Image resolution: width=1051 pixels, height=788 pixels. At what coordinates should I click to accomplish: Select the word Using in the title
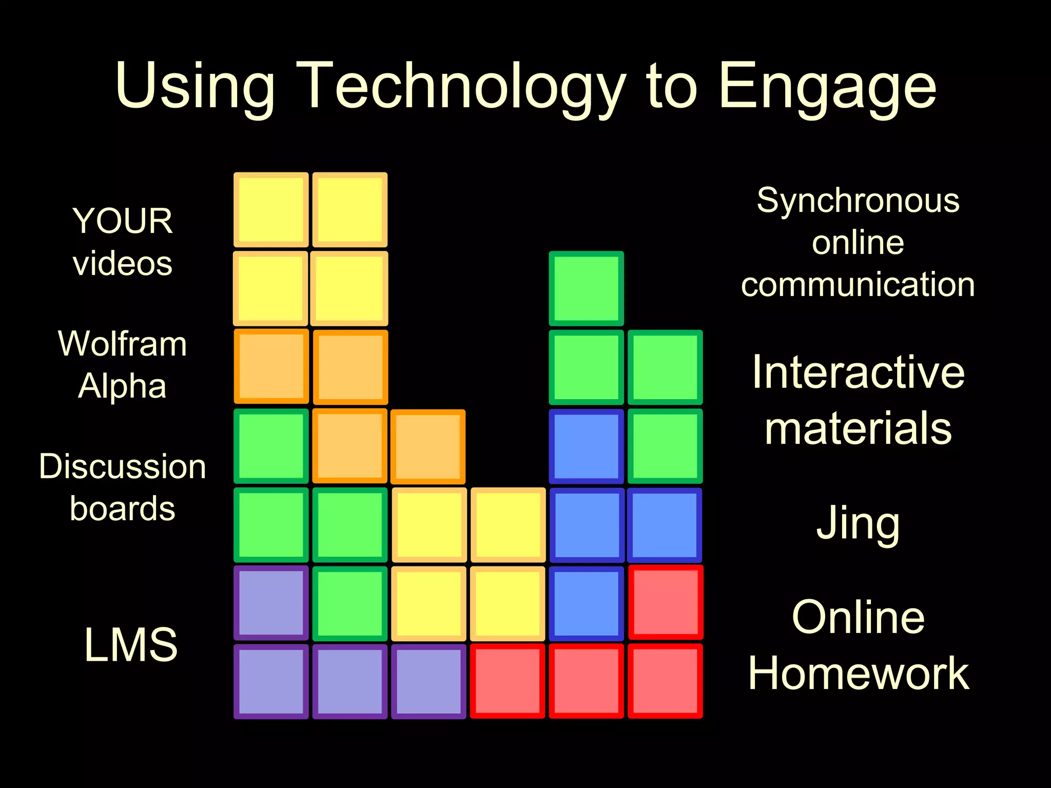click(x=195, y=87)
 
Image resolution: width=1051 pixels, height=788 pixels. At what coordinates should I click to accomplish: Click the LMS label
click(x=131, y=644)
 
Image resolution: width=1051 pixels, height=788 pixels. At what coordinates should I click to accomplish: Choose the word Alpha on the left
click(x=122, y=386)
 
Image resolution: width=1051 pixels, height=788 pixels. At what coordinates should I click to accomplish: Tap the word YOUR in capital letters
click(x=122, y=221)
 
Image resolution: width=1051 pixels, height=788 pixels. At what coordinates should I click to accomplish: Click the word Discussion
click(x=122, y=466)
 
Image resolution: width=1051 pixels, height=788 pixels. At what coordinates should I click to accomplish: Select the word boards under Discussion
click(x=122, y=508)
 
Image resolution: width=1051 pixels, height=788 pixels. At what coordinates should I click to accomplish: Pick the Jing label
click(x=858, y=523)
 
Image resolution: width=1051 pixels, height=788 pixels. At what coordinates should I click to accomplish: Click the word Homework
click(x=858, y=673)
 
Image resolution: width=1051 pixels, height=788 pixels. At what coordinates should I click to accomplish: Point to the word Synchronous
click(x=858, y=200)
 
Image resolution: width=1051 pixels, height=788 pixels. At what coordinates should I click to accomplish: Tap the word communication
click(x=858, y=285)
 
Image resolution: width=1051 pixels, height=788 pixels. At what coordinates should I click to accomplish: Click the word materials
click(x=858, y=428)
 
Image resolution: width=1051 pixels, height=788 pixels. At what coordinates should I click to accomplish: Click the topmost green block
click(x=586, y=288)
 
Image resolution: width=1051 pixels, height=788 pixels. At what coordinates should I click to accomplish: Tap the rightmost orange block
click(x=428, y=446)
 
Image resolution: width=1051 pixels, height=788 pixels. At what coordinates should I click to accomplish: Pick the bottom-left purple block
click(x=271, y=681)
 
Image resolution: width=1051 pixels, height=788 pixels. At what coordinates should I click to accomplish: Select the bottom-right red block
click(x=665, y=681)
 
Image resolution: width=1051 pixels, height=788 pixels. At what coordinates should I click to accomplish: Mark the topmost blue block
click(x=586, y=446)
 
